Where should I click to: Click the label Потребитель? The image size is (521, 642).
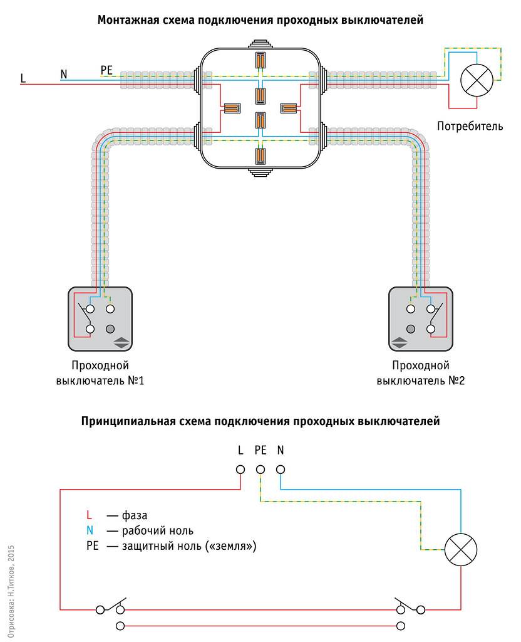coord(470,127)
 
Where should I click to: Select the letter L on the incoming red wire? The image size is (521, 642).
coord(23,78)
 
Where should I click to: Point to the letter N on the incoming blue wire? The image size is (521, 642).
coord(63,74)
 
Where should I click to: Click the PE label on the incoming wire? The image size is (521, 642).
coord(107,70)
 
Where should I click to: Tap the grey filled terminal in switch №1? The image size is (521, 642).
coord(111,329)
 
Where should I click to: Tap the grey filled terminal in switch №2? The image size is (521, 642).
coord(411,329)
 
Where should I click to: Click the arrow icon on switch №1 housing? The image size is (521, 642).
coord(121,342)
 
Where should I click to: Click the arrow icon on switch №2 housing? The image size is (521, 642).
coord(400,342)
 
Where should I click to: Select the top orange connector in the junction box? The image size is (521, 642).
coord(260,60)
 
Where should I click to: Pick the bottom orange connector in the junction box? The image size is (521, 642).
coord(260,156)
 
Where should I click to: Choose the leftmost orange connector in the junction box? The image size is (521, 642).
coord(232,108)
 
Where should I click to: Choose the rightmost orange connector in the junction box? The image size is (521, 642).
coord(288,108)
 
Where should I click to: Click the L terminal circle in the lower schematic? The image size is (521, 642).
coord(240,470)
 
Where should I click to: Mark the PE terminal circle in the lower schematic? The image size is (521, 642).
coord(260,470)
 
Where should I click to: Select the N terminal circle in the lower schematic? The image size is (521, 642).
coord(281,470)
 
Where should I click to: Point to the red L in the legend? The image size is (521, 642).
coord(89,515)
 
